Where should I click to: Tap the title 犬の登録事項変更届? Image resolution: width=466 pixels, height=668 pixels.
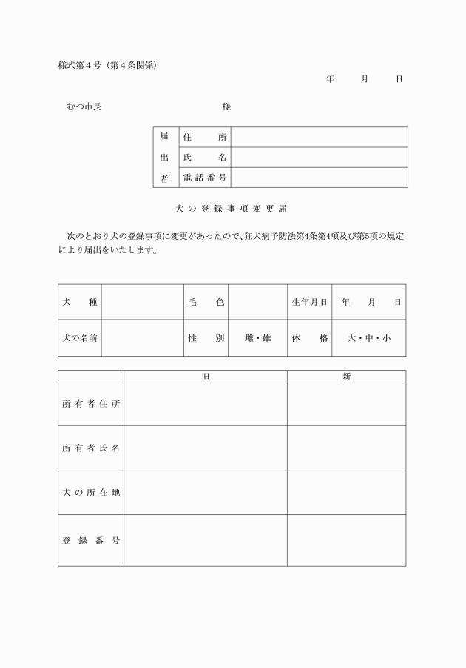(236, 209)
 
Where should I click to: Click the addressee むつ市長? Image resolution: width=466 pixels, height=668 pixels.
(84, 107)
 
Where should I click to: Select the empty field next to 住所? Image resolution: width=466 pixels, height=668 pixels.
(319, 138)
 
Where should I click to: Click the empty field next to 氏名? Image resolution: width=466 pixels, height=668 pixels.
(319, 158)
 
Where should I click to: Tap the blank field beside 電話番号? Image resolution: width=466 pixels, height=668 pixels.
(319, 178)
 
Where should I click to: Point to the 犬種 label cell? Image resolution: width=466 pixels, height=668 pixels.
(80, 302)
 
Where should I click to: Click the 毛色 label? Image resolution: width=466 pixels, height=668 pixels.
(206, 302)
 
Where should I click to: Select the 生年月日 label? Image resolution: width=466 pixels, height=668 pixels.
(309, 302)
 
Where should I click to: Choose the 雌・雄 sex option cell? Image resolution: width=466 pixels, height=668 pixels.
(257, 338)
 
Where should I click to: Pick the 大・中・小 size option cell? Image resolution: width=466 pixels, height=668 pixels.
(368, 338)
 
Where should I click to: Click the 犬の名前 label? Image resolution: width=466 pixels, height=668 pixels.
(80, 338)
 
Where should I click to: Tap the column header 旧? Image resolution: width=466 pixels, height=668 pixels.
(206, 377)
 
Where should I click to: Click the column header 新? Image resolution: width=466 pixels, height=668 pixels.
(346, 377)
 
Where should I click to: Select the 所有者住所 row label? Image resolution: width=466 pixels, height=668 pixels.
(91, 404)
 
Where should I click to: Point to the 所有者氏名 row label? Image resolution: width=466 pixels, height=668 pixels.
(91, 448)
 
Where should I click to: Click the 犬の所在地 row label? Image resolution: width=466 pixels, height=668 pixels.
(91, 493)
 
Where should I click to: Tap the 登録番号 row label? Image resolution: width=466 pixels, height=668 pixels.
(91, 540)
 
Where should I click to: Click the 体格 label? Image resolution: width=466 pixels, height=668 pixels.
(309, 338)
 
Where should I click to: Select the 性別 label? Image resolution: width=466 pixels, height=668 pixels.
(206, 338)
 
